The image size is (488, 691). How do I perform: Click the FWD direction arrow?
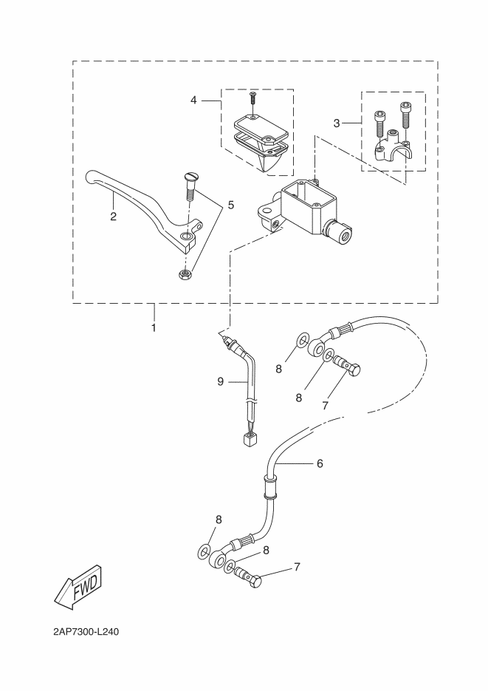pos(77,587)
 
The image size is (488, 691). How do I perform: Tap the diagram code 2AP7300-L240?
pos(86,633)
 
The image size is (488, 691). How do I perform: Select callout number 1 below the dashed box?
pos(154,327)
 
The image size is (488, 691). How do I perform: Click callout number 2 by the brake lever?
pos(113,217)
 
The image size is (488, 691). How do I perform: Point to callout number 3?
pos(336,123)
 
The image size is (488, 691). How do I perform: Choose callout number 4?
pos(193,99)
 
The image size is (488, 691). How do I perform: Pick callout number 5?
pos(230,204)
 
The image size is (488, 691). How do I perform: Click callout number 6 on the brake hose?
pos(320,463)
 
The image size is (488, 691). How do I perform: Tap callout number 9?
pos(220,381)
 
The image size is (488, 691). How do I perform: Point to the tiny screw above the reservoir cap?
pos(252,97)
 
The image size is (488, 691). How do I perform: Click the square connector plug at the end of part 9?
pos(248,440)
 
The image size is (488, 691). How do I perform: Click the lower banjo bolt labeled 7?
pos(250,580)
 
